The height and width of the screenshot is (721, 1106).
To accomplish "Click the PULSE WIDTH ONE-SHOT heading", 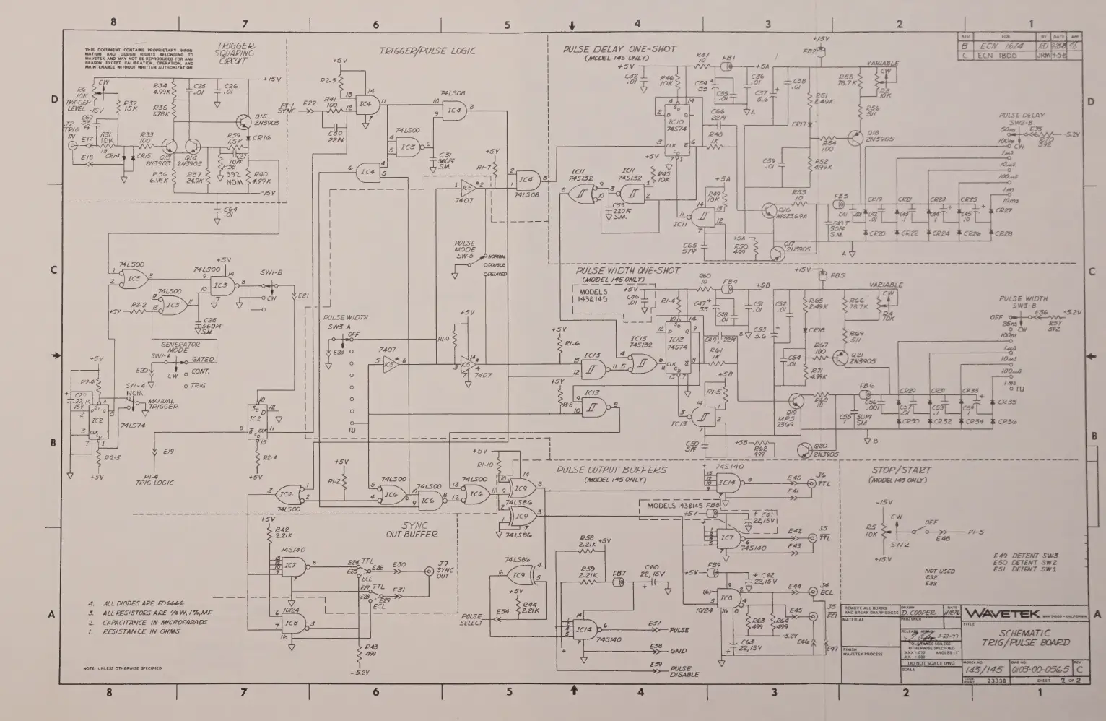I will click(627, 271).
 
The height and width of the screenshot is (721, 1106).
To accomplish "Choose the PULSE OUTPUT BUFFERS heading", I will click(611, 470).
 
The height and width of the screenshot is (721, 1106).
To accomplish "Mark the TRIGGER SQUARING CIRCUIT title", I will click(235, 53).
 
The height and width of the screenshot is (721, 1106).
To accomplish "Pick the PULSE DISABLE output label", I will click(681, 671).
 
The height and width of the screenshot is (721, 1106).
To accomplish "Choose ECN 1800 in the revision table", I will click(997, 55).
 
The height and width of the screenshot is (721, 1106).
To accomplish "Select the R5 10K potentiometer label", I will click(872, 531).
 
